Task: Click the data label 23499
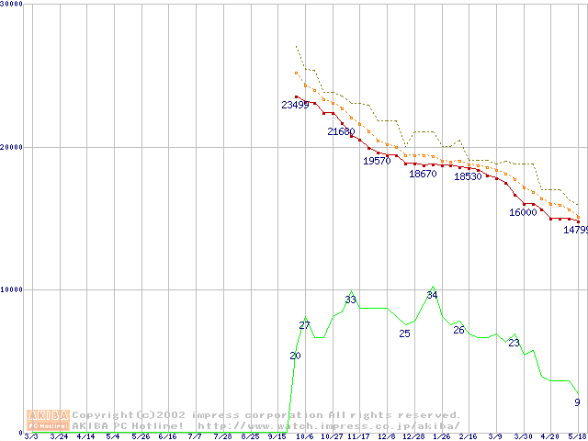[295, 105]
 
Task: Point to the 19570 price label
[377, 161]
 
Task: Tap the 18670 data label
[423, 174]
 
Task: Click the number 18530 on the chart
[468, 176]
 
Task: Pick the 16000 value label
[523, 212]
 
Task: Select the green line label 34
[432, 295]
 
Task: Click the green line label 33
[350, 300]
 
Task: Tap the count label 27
[305, 325]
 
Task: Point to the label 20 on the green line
[295, 356]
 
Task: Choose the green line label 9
[577, 402]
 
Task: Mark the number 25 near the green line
[404, 334]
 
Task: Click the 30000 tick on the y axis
[12, 4]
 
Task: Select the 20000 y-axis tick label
[12, 146]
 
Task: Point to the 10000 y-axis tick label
[12, 289]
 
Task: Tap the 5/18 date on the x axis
[577, 436]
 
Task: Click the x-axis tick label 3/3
[31, 436]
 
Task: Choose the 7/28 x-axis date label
[222, 436]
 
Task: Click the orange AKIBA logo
[48, 420]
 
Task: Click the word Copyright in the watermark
[102, 414]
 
